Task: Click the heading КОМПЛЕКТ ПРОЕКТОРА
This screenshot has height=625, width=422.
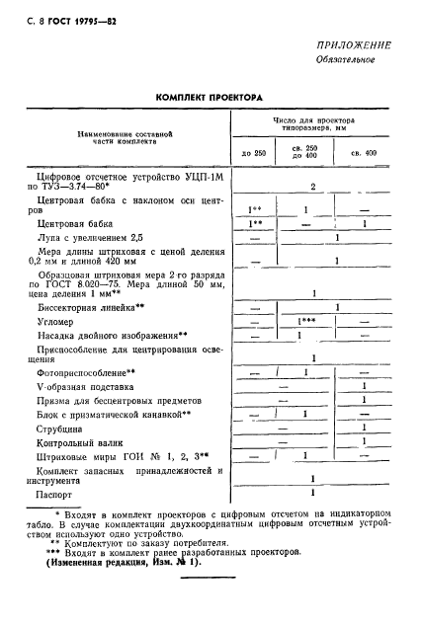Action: [210, 98]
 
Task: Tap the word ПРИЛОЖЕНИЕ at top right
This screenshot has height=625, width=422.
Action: [355, 45]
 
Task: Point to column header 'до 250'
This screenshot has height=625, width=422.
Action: [254, 153]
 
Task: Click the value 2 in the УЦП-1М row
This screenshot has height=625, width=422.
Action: [312, 185]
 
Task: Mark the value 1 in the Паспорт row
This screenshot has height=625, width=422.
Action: [312, 491]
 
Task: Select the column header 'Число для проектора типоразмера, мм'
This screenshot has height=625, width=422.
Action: [313, 123]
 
